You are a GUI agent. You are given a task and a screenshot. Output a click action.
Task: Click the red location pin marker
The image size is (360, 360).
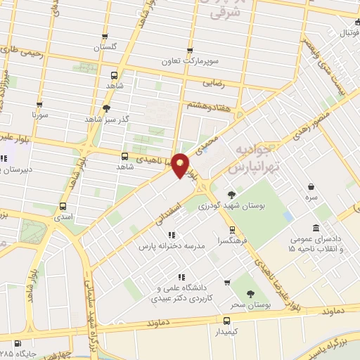(x=180, y=165)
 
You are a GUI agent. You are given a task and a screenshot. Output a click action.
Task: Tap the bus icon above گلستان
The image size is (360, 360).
(x=105, y=37)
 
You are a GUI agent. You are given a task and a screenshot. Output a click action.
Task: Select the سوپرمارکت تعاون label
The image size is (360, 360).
(x=188, y=62)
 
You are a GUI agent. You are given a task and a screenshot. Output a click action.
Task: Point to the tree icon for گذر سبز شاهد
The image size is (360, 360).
(x=106, y=108)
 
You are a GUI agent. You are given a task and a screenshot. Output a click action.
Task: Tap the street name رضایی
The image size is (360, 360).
(x=214, y=82)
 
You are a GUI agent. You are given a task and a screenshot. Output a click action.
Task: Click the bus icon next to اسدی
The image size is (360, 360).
(x=64, y=207)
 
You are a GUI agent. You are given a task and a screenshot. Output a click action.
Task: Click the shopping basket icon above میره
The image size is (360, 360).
(x=311, y=186)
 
